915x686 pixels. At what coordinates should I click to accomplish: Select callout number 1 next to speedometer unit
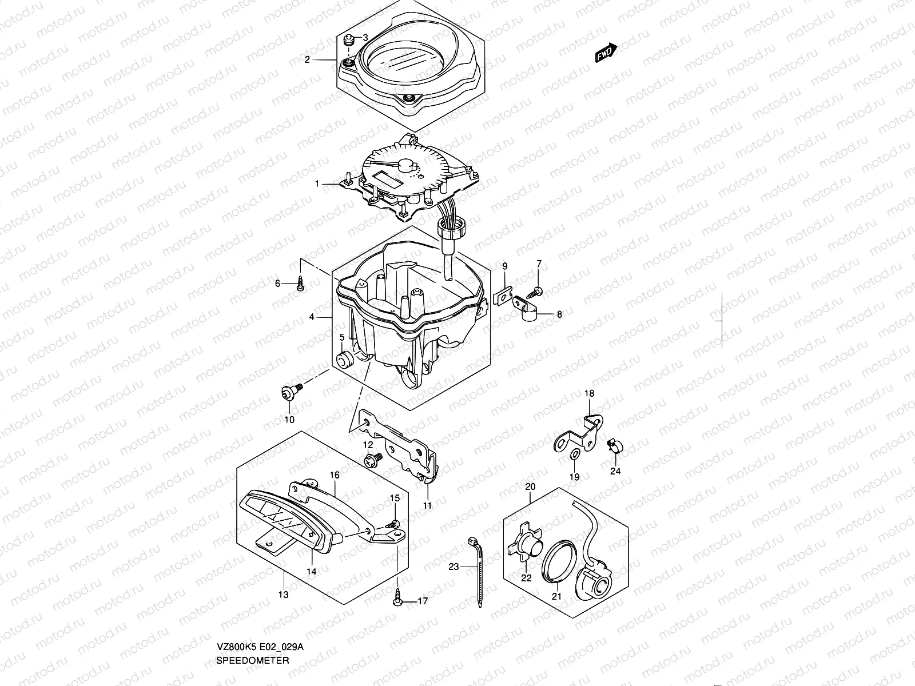tap(317, 184)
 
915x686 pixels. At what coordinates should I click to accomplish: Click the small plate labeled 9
tap(502, 297)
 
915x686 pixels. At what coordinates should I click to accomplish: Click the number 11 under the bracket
tap(428, 505)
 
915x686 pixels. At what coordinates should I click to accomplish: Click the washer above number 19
tap(574, 454)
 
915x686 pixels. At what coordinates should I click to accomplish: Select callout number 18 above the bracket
tap(589, 393)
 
